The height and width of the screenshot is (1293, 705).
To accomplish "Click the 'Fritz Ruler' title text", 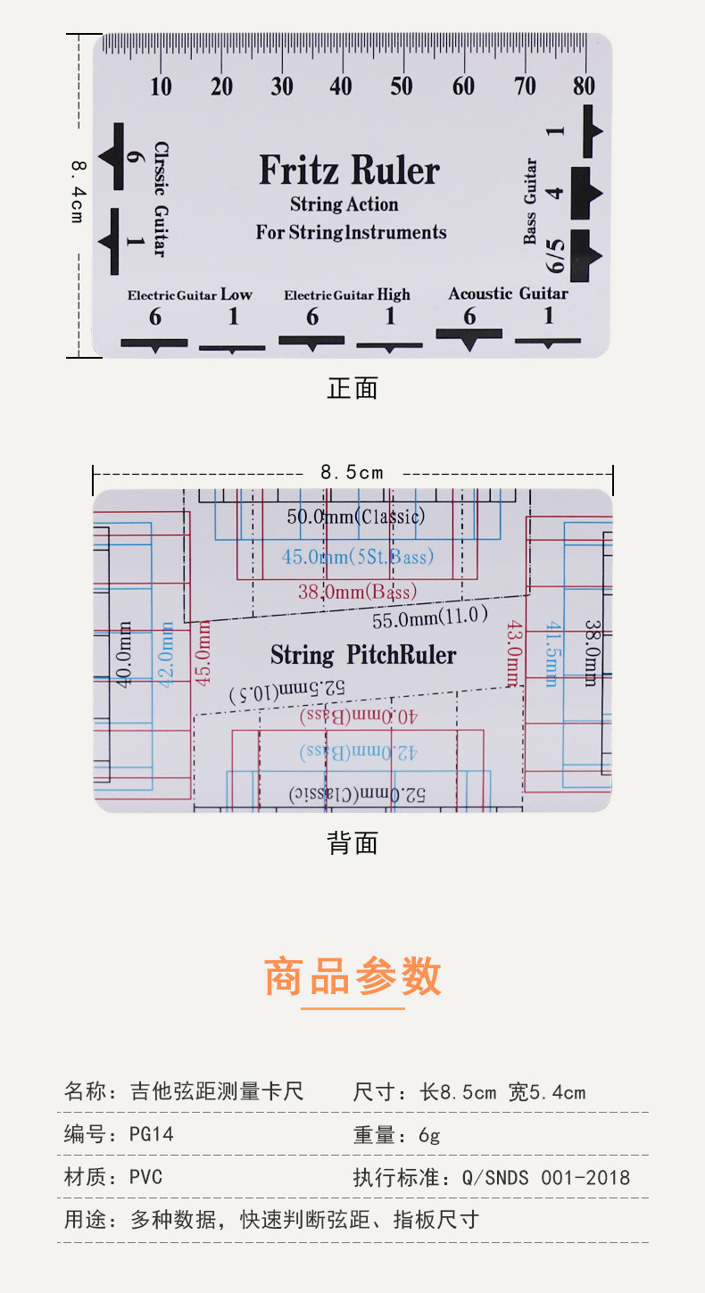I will (x=349, y=170).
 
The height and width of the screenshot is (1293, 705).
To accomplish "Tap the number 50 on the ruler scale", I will (x=402, y=87).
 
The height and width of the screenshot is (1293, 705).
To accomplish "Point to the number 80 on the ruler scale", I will (x=585, y=87).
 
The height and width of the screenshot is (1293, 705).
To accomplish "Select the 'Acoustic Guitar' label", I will (x=508, y=294).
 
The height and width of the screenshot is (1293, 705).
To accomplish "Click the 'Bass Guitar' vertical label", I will (x=531, y=202).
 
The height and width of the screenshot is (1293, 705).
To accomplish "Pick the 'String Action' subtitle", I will (x=344, y=204).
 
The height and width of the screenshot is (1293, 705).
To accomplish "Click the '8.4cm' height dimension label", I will (x=78, y=191).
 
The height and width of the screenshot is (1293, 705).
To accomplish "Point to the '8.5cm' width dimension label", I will (x=352, y=472).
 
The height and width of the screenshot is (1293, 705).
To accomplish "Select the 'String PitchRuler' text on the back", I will (x=363, y=656).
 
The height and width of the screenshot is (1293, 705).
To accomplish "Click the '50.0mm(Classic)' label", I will (x=356, y=517).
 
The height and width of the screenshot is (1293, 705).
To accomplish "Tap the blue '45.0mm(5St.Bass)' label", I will (x=358, y=557).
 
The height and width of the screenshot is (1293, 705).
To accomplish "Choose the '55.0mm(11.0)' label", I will (x=430, y=617).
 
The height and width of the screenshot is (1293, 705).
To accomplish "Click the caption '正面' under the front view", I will (x=352, y=388).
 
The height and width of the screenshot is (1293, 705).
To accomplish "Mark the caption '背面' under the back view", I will (x=352, y=843).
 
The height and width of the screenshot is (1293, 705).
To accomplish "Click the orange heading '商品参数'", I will (x=352, y=975).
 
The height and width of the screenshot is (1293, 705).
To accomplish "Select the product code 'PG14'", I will (x=152, y=1134).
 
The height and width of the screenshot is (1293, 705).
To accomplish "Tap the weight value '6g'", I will (x=429, y=1134).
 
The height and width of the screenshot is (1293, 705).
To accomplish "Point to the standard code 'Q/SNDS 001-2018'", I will (x=545, y=1177).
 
